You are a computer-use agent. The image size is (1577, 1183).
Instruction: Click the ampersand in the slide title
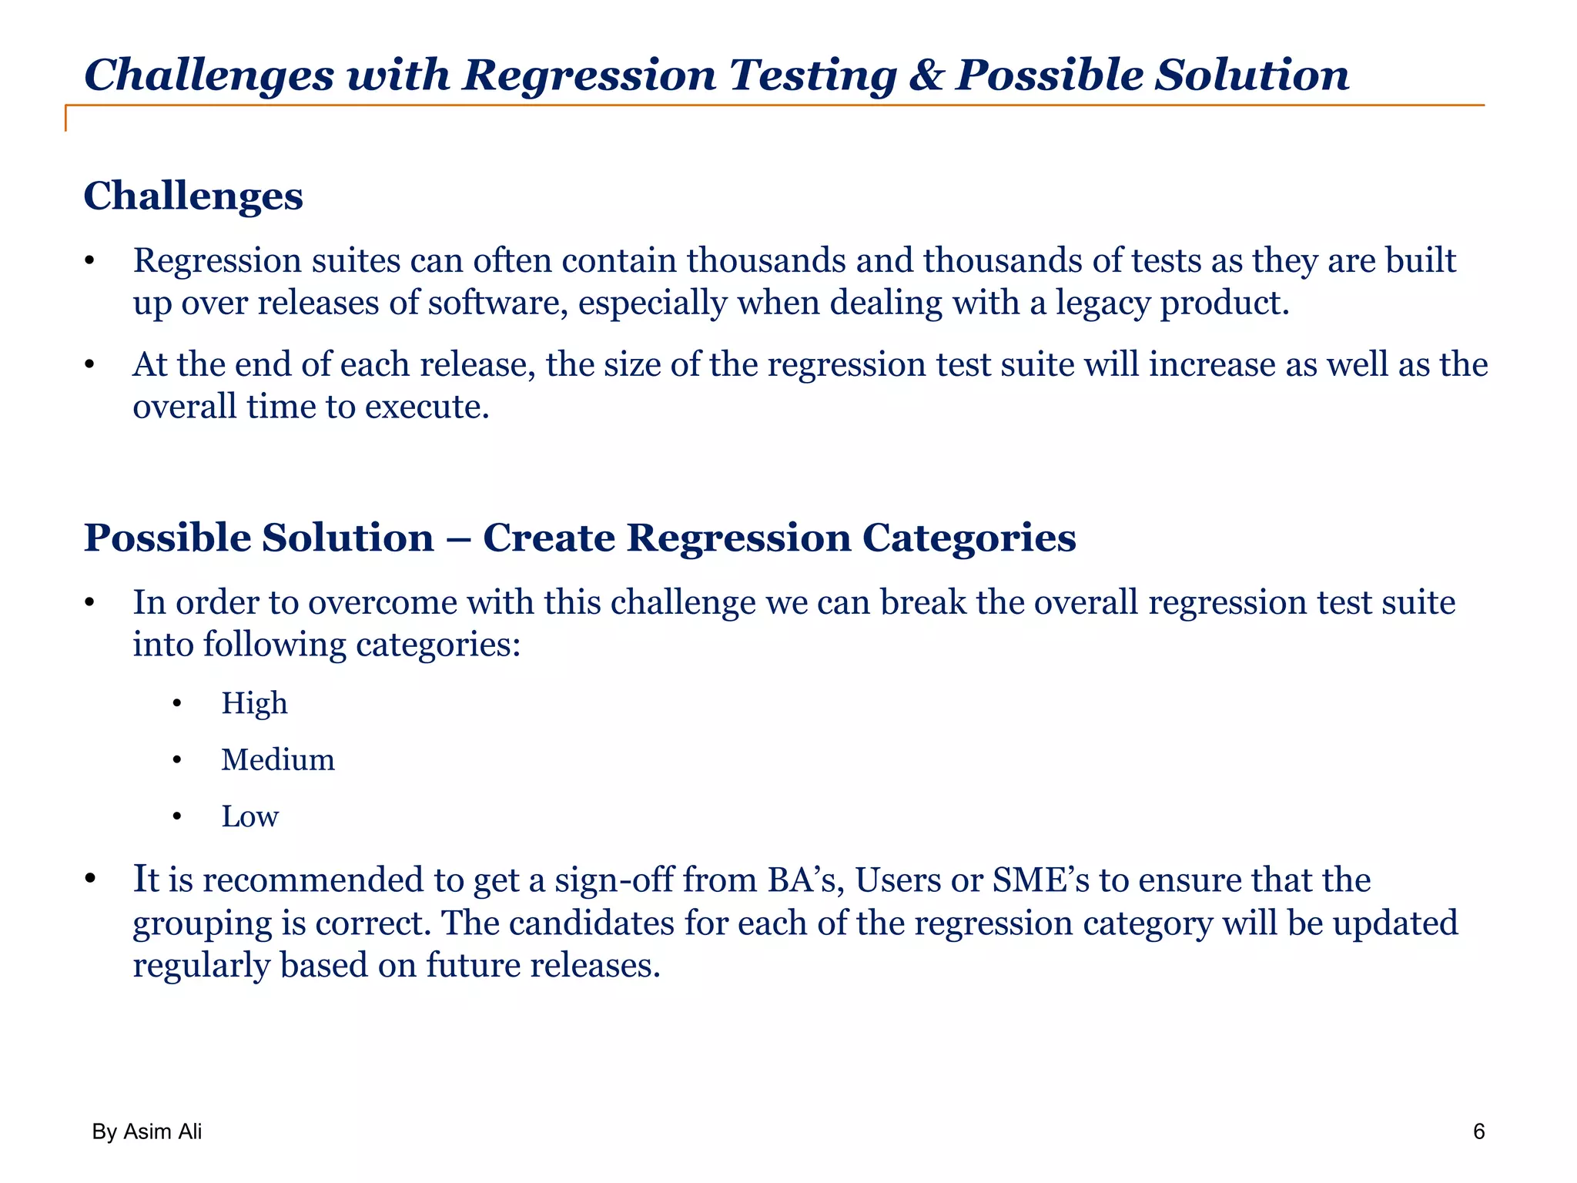pos(926,76)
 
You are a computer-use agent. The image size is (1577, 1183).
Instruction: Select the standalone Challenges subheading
pos(193,196)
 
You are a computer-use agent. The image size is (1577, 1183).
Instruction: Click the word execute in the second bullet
pos(427,407)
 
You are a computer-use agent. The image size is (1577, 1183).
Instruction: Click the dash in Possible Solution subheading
pos(458,538)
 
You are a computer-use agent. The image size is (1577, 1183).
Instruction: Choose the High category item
pos(254,704)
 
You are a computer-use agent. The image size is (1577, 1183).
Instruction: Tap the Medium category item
pos(278,760)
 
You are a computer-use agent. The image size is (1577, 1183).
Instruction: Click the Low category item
pos(249,816)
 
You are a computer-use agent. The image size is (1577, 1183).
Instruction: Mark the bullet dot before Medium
pos(177,761)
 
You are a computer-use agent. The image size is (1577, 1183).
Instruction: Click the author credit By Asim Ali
pos(147,1131)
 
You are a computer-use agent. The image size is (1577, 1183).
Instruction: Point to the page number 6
pos(1478,1131)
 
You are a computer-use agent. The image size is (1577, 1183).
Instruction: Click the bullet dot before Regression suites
pos(89,261)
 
